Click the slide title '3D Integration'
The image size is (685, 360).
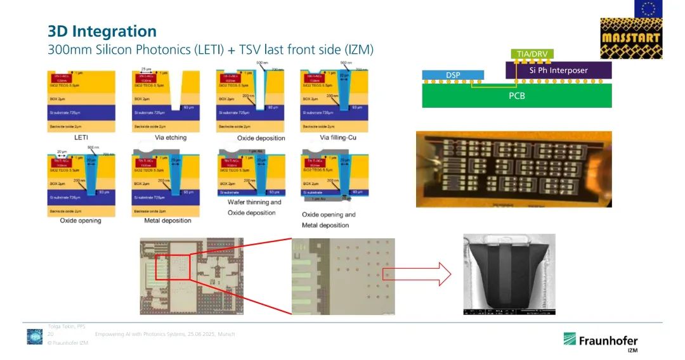tap(102, 31)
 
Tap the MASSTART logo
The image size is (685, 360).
tap(631, 37)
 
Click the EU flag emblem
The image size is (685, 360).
tap(649, 8)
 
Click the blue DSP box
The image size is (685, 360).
tap(452, 75)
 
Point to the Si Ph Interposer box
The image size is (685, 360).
tap(558, 70)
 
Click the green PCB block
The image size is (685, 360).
tap(517, 96)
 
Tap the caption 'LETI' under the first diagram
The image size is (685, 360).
tap(81, 137)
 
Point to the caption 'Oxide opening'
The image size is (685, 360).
tap(81, 221)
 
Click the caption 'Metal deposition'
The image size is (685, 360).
tap(162, 221)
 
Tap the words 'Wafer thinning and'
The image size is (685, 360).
tap(254, 202)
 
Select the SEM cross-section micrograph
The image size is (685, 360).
tap(505, 275)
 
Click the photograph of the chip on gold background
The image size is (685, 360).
tap(514, 169)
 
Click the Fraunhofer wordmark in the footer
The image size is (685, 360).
tap(608, 341)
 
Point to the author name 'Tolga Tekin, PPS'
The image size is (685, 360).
tap(67, 326)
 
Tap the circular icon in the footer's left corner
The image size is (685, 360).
tap(34, 337)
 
